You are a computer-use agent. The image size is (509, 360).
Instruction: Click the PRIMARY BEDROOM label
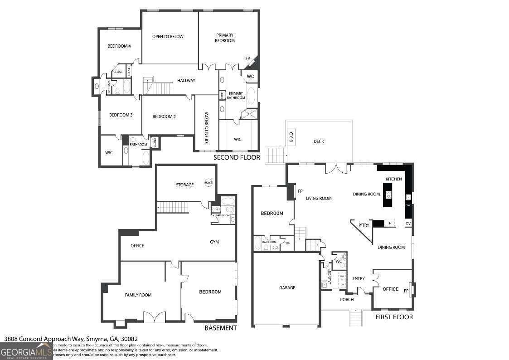click(x=225, y=38)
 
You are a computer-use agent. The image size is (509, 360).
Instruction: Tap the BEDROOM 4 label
click(x=119, y=46)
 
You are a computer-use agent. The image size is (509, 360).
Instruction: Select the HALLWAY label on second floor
click(x=186, y=81)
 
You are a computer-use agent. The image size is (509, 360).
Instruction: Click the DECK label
click(x=319, y=141)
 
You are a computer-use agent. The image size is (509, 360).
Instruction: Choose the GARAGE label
click(x=287, y=287)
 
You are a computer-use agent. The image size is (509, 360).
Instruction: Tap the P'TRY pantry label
click(x=363, y=225)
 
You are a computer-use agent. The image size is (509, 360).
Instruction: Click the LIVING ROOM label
click(x=318, y=198)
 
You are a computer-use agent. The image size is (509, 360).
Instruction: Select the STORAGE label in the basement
click(x=184, y=185)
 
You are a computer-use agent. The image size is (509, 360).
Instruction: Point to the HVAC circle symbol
click(x=208, y=182)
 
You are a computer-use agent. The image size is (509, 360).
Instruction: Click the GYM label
click(x=214, y=242)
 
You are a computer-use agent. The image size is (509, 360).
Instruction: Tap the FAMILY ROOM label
click(x=138, y=295)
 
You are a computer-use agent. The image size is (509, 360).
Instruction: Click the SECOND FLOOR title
click(x=237, y=157)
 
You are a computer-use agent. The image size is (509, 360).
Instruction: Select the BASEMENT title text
click(x=220, y=328)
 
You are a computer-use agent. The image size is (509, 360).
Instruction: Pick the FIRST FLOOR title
click(x=394, y=317)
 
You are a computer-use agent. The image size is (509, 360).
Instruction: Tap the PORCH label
click(x=347, y=299)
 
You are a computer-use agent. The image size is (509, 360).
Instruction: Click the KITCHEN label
click(x=393, y=179)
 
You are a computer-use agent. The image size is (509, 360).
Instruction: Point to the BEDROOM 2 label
click(x=164, y=117)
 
